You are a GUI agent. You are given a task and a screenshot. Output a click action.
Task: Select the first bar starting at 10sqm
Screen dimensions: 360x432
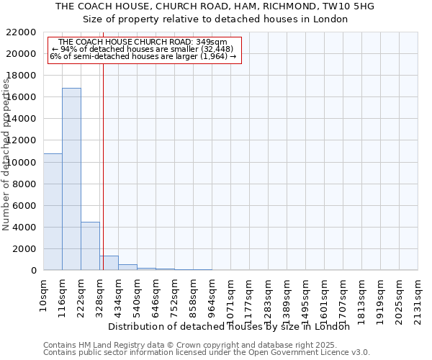click(53, 212)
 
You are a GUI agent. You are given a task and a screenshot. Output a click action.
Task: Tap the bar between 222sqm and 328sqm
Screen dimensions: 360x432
click(90, 246)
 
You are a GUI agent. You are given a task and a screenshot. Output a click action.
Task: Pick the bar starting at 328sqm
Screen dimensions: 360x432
click(109, 263)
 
